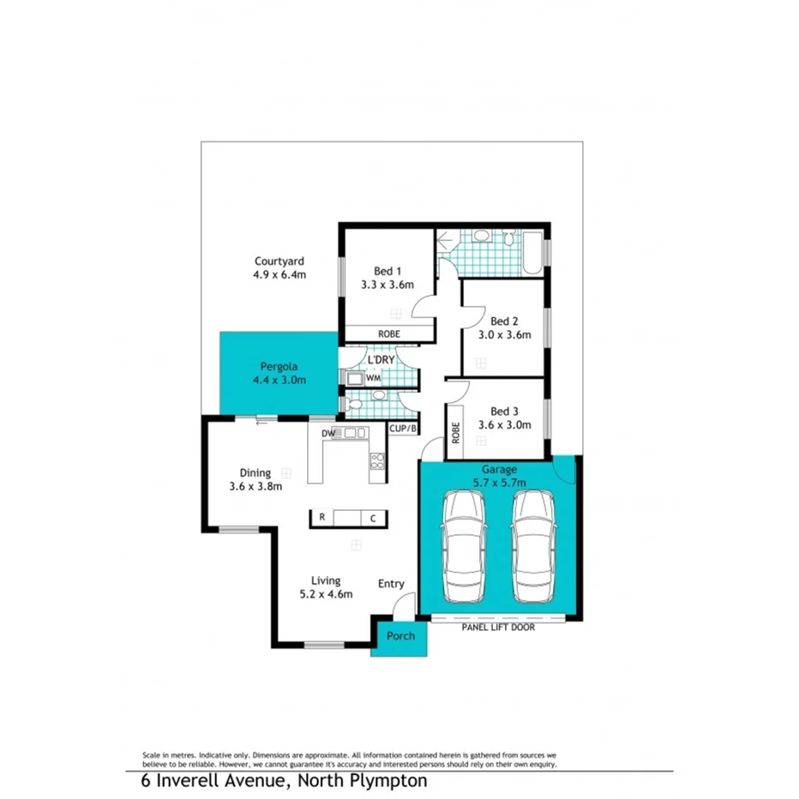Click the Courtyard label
tap(279, 261)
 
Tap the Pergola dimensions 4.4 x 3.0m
tap(279, 380)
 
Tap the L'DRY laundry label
tap(381, 360)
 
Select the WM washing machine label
tap(373, 377)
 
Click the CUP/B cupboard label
tap(403, 428)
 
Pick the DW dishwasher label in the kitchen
tap(328, 434)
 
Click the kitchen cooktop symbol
tap(375, 462)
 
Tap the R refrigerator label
tap(321, 517)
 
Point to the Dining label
tap(255, 472)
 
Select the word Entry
tap(391, 584)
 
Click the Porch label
tap(400, 635)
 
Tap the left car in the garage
tap(461, 547)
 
